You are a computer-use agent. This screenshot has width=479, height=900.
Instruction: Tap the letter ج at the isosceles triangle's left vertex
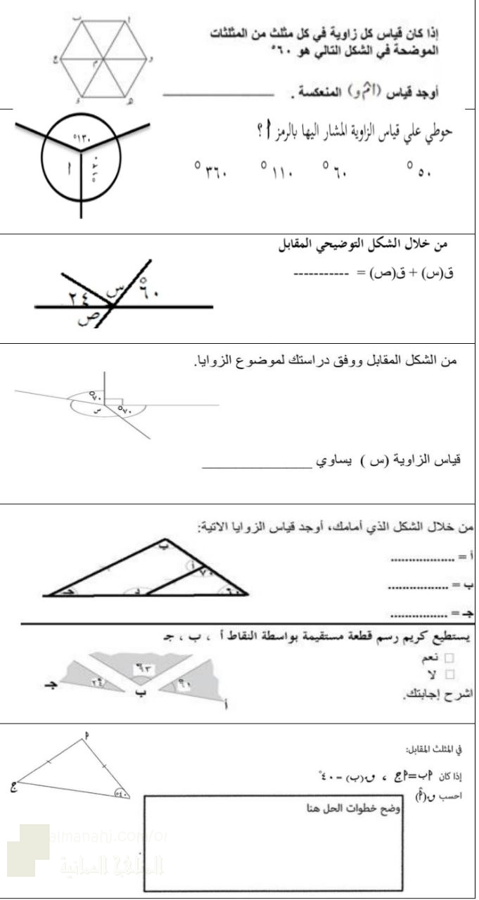click(13, 787)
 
